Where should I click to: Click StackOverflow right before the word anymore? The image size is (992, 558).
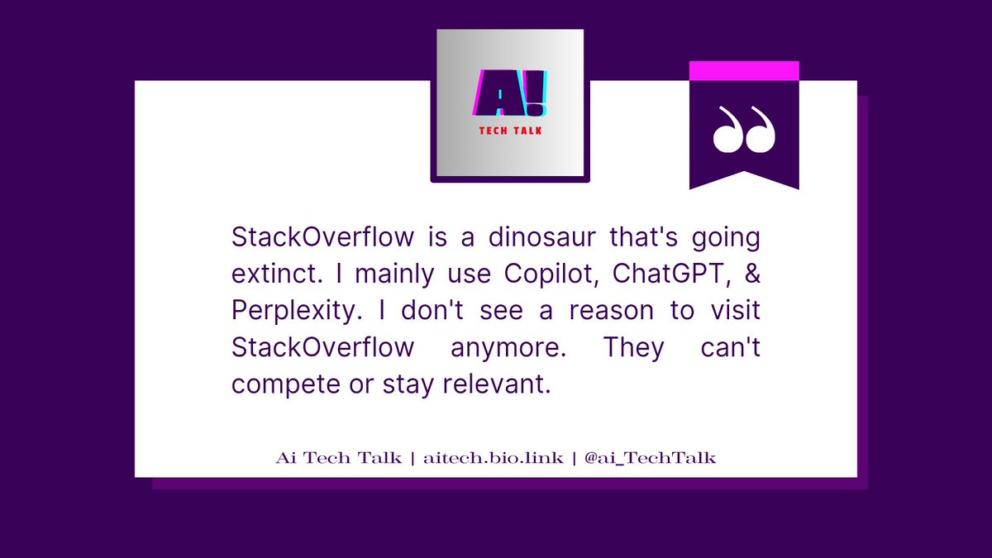[x=322, y=348]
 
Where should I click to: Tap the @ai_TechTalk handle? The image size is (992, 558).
[x=649, y=458]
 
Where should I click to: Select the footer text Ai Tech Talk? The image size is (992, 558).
[x=338, y=458]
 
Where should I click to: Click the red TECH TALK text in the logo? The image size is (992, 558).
[x=510, y=131]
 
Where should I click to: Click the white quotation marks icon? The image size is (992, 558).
[x=744, y=130]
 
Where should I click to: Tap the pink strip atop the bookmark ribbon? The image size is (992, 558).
[x=744, y=71]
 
